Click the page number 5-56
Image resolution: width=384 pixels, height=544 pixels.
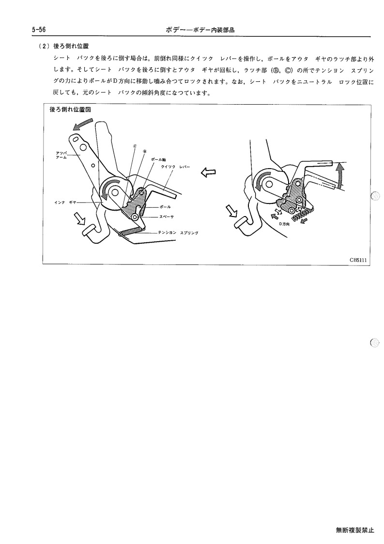(x=39, y=30)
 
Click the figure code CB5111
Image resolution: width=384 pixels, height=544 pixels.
(x=358, y=260)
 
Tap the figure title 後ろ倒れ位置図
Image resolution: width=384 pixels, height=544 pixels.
(x=70, y=109)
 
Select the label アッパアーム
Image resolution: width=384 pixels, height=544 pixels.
(x=61, y=155)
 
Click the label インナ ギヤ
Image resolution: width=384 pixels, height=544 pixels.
(x=65, y=202)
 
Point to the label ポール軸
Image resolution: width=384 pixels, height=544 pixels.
(x=158, y=159)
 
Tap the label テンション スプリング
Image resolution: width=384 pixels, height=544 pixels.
(x=178, y=233)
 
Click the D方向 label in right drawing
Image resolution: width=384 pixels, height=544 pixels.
(x=284, y=224)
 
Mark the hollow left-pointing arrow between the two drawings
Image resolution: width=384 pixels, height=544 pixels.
(x=208, y=172)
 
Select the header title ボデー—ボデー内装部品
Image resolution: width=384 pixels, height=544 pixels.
(x=200, y=30)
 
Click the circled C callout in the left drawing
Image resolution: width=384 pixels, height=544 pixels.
(x=135, y=146)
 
